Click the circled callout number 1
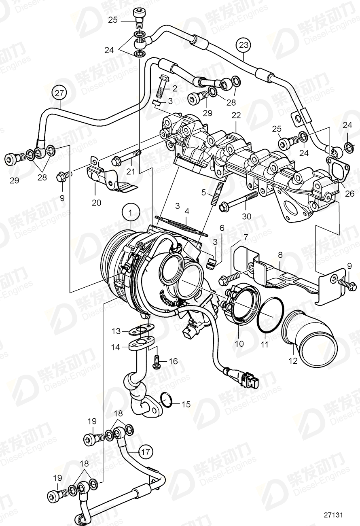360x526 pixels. (130, 212)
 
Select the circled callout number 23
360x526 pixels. (244, 45)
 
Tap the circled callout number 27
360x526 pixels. (59, 93)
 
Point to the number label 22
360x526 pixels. (236, 116)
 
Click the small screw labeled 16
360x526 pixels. (156, 361)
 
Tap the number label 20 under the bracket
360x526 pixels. (96, 202)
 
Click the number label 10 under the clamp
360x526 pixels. (239, 344)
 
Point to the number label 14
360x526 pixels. (116, 347)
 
